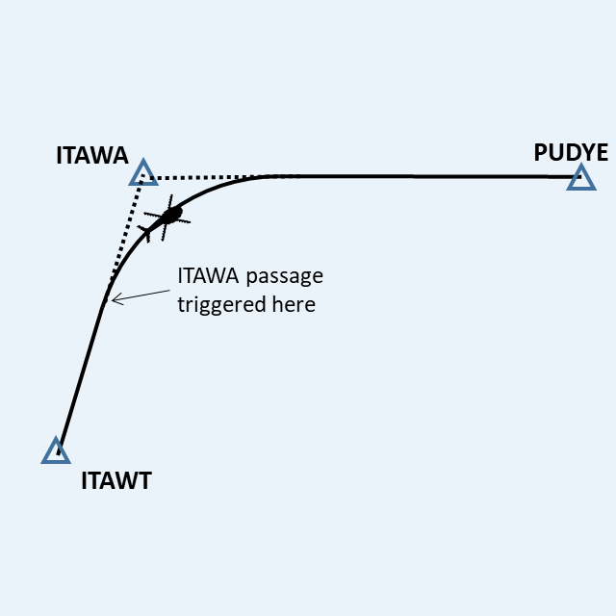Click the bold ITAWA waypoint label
click(x=92, y=155)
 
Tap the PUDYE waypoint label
click(x=571, y=152)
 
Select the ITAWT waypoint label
click(x=116, y=481)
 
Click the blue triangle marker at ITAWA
click(x=143, y=174)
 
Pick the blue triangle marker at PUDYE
click(x=580, y=178)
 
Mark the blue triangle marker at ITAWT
click(x=56, y=451)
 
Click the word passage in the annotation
click(x=284, y=276)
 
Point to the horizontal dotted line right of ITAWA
click(x=207, y=177)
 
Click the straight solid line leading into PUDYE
click(x=433, y=177)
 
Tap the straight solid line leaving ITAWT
click(x=81, y=375)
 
